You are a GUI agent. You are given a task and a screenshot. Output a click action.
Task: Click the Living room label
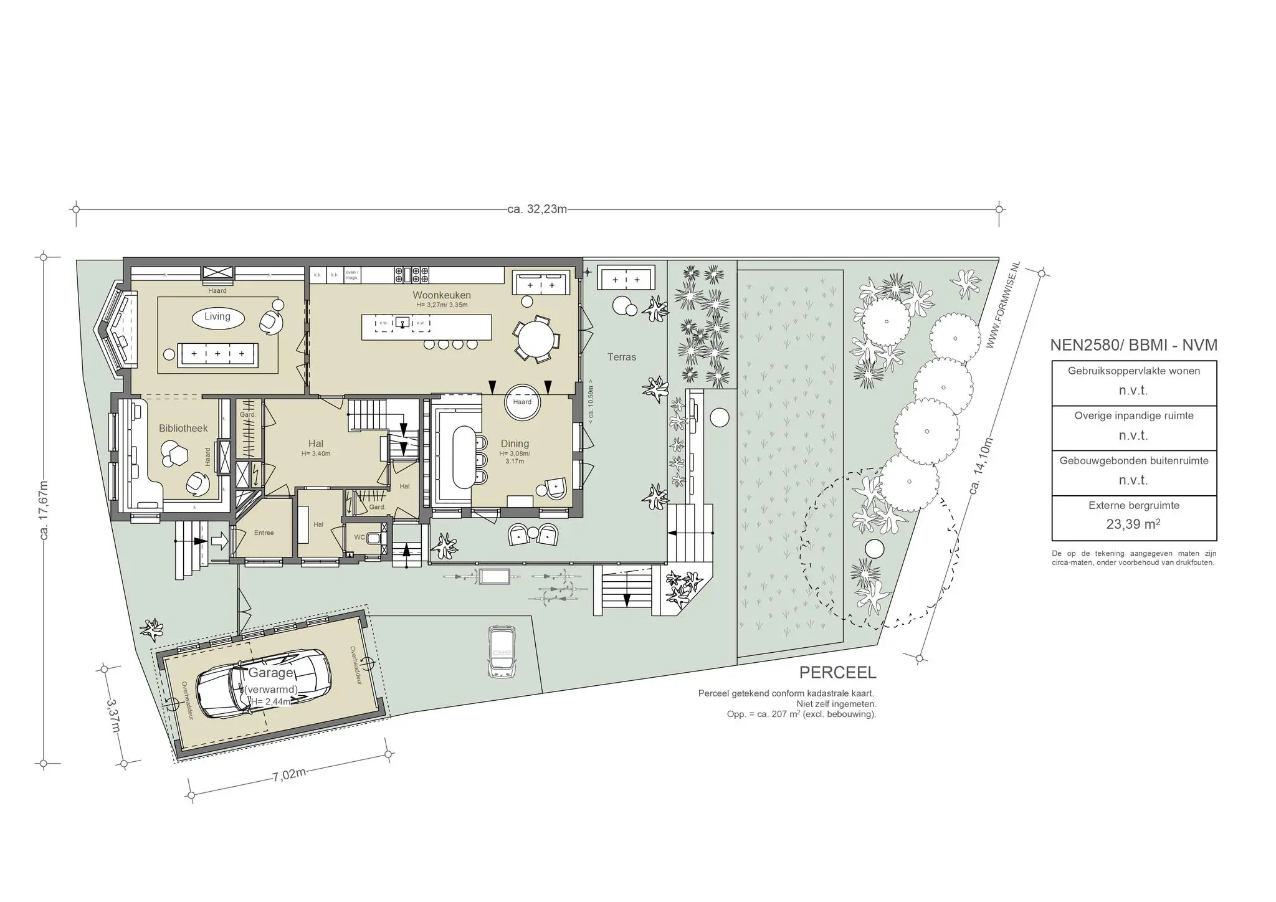(x=217, y=316)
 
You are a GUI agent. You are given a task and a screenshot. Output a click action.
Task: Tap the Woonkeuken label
(x=442, y=295)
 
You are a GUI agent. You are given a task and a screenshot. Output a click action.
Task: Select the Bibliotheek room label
(x=183, y=428)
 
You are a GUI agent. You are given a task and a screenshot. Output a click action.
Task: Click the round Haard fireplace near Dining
(x=522, y=402)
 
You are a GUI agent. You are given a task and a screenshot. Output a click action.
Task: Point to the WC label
(x=359, y=537)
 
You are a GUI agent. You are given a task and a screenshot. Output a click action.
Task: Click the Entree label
(x=264, y=533)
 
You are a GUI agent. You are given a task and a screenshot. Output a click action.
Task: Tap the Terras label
(x=622, y=357)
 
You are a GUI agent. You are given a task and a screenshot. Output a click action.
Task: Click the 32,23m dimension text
(x=537, y=209)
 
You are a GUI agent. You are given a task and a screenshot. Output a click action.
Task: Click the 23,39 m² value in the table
(x=1133, y=524)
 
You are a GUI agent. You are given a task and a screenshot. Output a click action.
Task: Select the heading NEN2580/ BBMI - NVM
(x=1133, y=345)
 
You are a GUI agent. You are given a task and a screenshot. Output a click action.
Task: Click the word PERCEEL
(x=837, y=673)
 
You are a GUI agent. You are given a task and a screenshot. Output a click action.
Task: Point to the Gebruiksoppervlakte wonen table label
(x=1133, y=371)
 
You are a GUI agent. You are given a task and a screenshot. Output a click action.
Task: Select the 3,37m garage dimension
(x=114, y=716)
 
